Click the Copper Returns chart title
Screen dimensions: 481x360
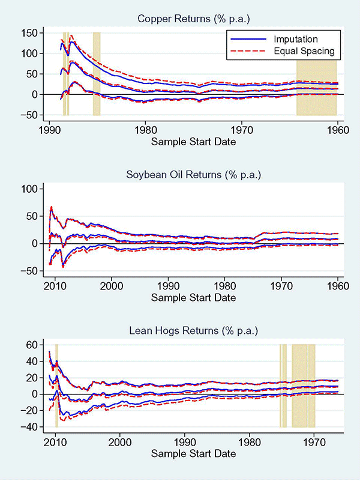coord(193,19)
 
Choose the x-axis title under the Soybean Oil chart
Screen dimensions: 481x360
coord(193,297)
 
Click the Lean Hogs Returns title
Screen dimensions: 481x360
coord(193,330)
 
